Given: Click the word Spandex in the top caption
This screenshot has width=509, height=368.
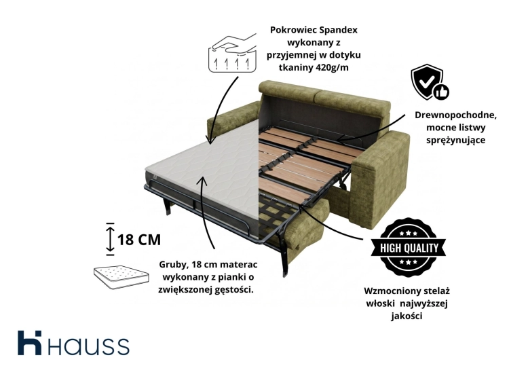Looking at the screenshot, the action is click(x=338, y=30).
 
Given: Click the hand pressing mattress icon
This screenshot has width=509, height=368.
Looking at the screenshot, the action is click(x=232, y=53).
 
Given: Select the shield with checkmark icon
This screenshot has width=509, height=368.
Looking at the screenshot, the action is click(x=427, y=81).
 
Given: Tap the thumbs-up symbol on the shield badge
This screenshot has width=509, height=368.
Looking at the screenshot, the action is click(x=442, y=92).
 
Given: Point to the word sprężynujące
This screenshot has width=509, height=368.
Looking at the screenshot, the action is click(x=456, y=141).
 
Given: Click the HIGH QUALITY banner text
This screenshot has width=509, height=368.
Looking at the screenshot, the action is click(x=409, y=248).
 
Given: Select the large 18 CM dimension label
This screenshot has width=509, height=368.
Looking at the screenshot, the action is click(x=139, y=240).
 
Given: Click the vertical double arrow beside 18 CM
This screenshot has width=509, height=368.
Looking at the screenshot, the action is click(x=111, y=240).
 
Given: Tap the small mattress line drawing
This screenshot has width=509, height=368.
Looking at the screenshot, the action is click(x=121, y=278).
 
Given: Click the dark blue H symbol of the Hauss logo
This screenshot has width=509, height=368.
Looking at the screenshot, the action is click(x=30, y=343).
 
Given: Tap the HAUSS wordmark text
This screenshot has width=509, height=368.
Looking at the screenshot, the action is click(x=89, y=346).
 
